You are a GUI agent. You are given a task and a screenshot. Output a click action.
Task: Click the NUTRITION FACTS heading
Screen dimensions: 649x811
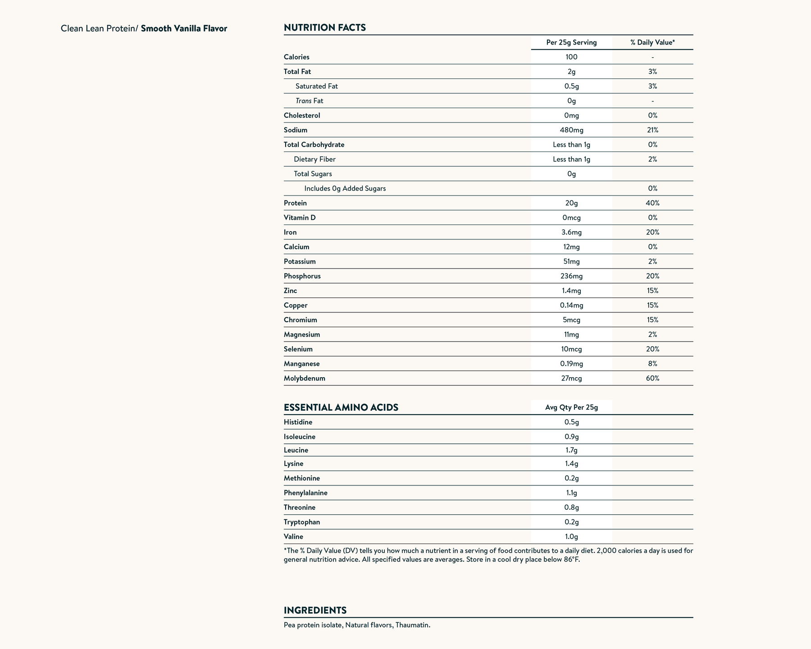click(x=324, y=28)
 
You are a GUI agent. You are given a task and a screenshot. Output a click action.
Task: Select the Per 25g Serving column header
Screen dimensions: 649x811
click(x=571, y=43)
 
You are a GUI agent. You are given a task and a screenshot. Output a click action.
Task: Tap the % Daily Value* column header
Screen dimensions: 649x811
click(x=652, y=43)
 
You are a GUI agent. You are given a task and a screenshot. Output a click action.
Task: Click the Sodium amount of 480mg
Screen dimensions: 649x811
click(x=571, y=130)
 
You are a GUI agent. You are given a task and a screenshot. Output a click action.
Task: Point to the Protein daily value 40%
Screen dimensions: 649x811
click(x=652, y=203)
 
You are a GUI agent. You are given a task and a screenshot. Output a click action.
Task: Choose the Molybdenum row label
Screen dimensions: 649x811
click(x=304, y=379)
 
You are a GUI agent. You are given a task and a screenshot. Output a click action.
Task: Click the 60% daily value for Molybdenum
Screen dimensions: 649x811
click(x=652, y=379)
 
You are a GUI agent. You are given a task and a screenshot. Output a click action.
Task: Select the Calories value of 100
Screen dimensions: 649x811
click(x=571, y=57)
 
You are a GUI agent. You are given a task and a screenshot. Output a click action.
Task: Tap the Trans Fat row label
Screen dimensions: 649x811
click(x=309, y=101)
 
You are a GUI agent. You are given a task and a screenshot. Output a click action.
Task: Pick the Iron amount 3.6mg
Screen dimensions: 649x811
click(x=571, y=233)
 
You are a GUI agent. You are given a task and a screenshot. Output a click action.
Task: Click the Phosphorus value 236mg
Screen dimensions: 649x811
click(x=571, y=276)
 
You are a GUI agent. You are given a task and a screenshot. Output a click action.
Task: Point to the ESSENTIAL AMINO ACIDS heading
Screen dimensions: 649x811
click(x=341, y=408)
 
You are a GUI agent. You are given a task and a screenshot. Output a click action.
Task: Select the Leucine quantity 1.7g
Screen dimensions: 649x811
click(x=571, y=450)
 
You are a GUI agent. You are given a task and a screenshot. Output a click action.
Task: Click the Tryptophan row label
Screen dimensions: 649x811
click(x=302, y=522)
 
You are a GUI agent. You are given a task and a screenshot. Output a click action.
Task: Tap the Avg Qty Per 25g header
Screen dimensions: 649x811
click(x=571, y=408)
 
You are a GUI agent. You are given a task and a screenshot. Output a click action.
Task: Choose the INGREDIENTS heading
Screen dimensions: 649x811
click(x=315, y=611)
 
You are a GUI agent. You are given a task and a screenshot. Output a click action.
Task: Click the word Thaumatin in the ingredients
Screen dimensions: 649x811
click(x=412, y=626)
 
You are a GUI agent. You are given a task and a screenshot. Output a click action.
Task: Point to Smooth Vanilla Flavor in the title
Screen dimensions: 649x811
click(x=184, y=29)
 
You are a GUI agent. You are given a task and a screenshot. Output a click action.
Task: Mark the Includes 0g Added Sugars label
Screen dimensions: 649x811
click(x=345, y=189)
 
